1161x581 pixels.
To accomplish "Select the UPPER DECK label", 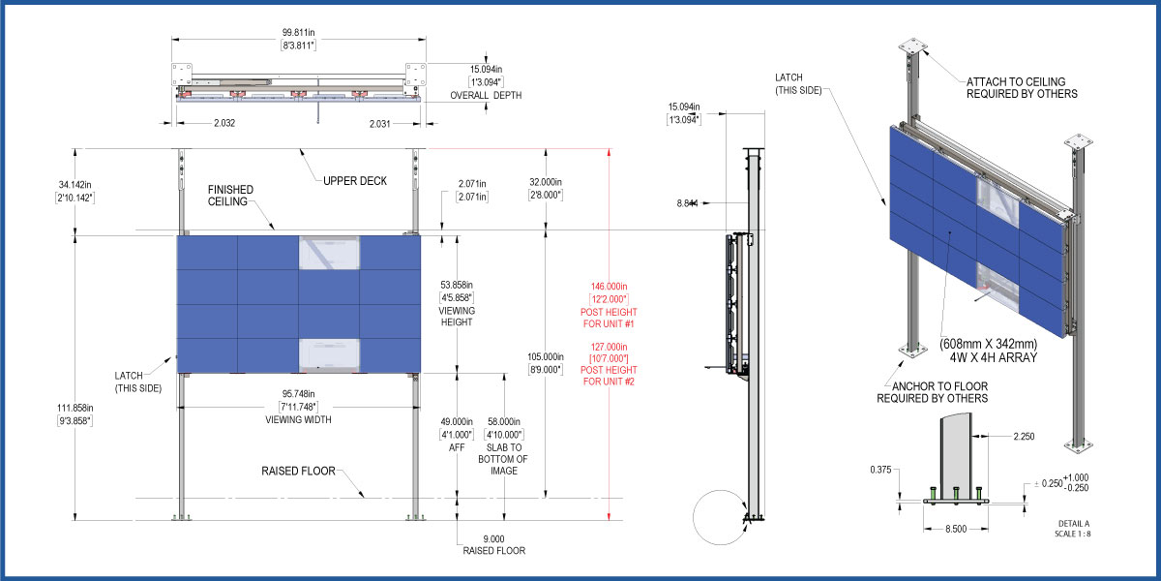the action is tap(355, 181).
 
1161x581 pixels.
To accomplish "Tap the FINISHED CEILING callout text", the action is tap(230, 196).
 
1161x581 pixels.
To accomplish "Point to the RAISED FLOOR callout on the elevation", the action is tap(298, 471).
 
